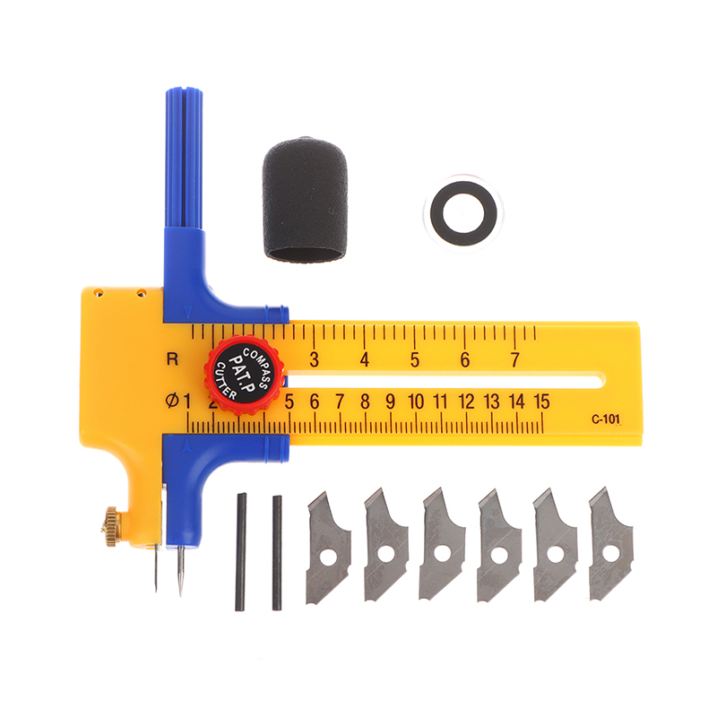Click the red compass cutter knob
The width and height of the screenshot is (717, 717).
pyautogui.click(x=244, y=375)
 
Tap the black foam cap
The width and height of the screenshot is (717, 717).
pyautogui.click(x=305, y=200)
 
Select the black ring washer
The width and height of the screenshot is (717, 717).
pyautogui.click(x=463, y=213)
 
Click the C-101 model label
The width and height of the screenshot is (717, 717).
pyautogui.click(x=606, y=419)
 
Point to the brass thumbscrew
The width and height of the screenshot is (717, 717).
pyautogui.click(x=111, y=525)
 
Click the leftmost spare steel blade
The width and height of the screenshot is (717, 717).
pyautogui.click(x=328, y=548)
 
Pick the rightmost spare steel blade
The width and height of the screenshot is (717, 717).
pyautogui.click(x=611, y=544)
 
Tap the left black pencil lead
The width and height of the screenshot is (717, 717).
pyautogui.click(x=240, y=552)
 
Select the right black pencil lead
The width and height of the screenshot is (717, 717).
pyautogui.click(x=277, y=553)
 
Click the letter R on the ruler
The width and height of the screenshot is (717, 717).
pyautogui.click(x=172, y=359)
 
